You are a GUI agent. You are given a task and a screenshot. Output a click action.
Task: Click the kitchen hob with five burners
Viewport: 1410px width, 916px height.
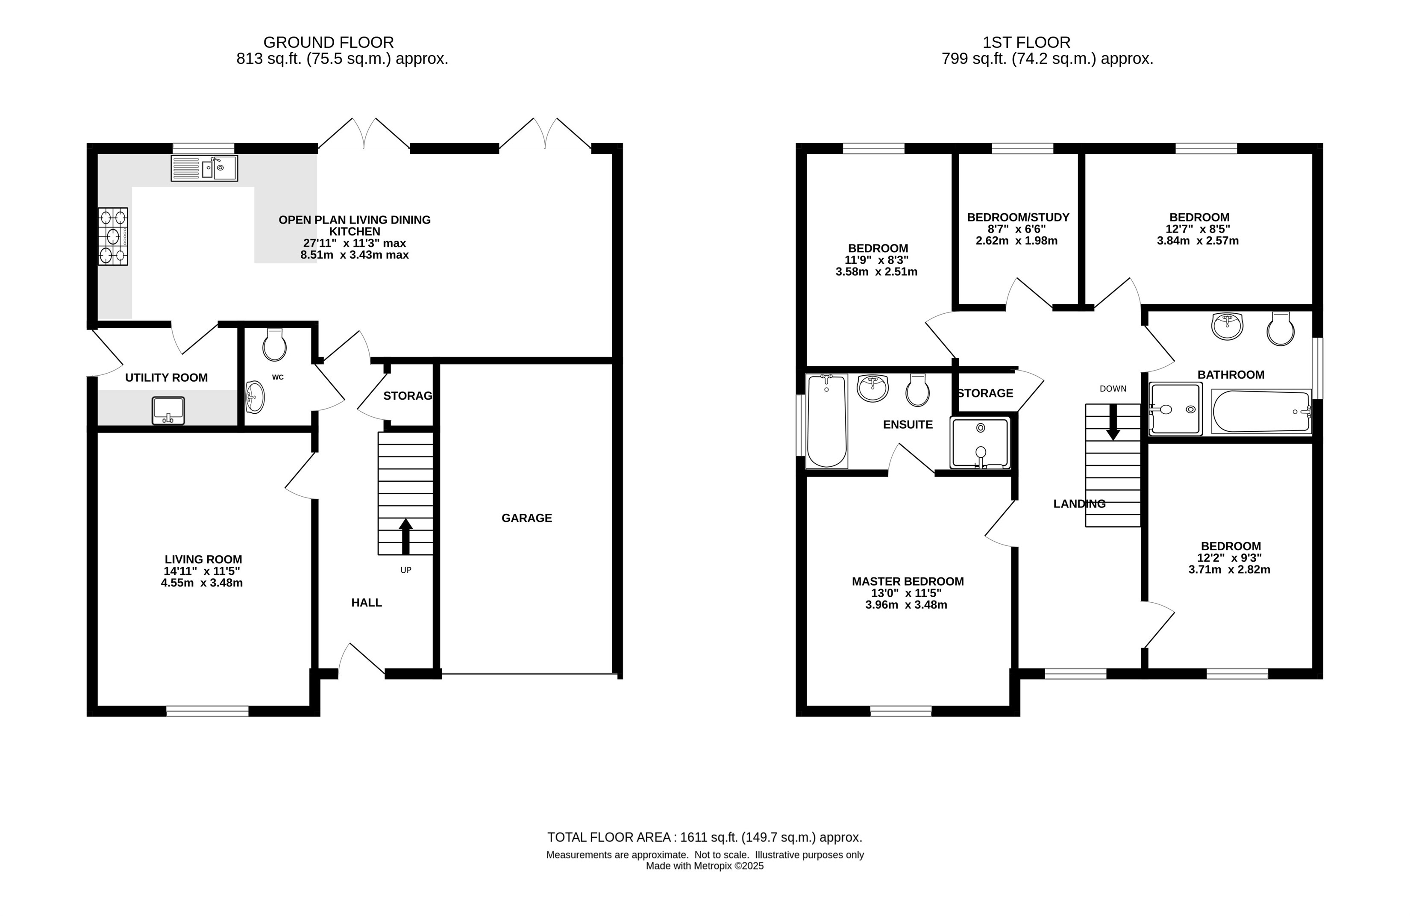point(113,236)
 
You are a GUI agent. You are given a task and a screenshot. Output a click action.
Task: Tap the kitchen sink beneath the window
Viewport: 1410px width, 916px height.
point(204,168)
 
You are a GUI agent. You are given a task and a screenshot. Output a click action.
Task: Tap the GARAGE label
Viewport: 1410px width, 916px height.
point(527,518)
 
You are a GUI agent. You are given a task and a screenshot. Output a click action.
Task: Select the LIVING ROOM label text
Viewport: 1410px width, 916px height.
point(203,560)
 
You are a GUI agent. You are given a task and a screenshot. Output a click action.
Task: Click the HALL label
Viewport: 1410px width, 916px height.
point(367,603)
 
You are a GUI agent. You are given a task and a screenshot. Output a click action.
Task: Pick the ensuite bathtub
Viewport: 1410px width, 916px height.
point(827,421)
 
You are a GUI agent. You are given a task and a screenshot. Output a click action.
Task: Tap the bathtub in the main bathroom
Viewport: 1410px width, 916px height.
point(1261,412)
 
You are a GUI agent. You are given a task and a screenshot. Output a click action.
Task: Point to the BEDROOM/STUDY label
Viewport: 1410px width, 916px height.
point(1018,218)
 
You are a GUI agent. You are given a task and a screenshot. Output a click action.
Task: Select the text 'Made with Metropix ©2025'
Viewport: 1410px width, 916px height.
point(705,866)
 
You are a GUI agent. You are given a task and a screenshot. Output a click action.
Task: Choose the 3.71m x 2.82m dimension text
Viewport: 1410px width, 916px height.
point(1229,569)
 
